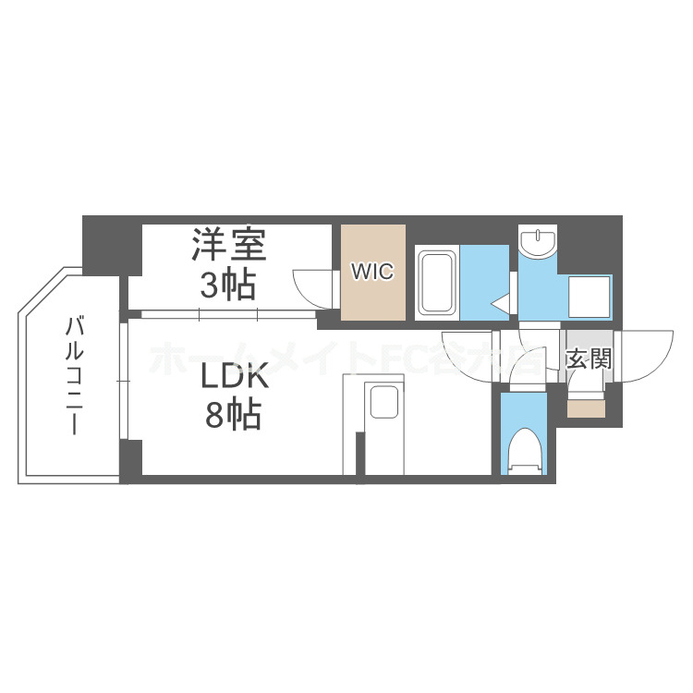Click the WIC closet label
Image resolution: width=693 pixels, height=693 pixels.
point(372,272)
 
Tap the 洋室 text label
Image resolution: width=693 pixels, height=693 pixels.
point(229,245)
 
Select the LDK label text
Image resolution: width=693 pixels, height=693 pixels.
point(235,377)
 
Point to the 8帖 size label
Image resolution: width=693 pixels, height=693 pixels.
point(233,416)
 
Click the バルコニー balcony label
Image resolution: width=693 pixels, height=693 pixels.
point(75,376)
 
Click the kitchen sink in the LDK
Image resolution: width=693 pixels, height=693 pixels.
point(383,404)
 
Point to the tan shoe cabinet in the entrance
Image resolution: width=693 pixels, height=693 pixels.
point(586,406)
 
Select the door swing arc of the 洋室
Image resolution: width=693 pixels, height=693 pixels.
point(310,284)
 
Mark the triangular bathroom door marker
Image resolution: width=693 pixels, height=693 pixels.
point(501,302)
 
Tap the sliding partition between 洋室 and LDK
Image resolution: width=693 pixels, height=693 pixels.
point(228,314)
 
